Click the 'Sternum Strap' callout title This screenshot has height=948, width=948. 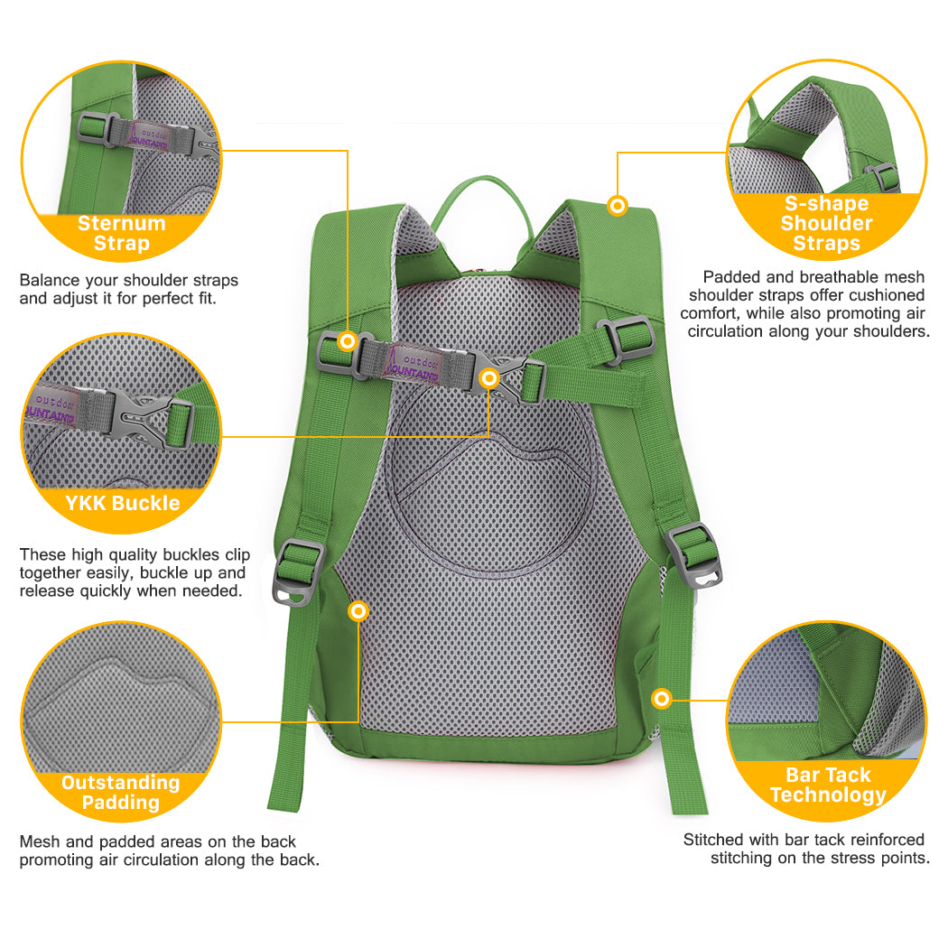coord(122,233)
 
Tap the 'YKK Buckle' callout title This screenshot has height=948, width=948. coord(123,503)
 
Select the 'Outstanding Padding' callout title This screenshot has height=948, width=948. coord(121,792)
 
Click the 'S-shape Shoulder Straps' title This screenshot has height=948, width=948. coord(826,223)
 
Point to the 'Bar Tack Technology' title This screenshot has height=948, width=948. coord(828,785)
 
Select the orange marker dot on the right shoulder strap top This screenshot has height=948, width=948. coord(618,206)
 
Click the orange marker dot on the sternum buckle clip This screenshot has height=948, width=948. coord(489,378)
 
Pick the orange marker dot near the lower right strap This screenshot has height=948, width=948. coord(662,699)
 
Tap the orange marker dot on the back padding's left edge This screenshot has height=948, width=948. coord(358,611)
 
